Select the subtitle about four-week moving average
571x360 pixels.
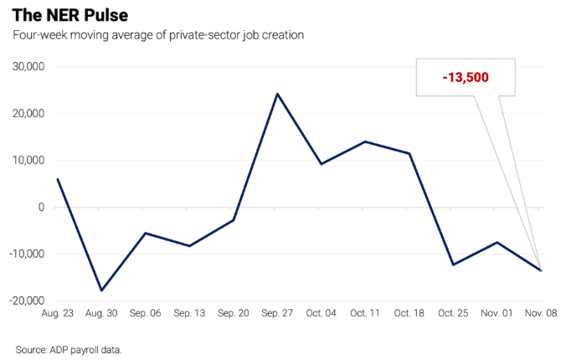pyautogui.click(x=157, y=35)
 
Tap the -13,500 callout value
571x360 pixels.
pyautogui.click(x=466, y=77)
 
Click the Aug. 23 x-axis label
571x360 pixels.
pyautogui.click(x=57, y=312)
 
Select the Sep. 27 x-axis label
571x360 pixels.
pyautogui.click(x=277, y=312)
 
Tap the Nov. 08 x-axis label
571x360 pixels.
pyautogui.click(x=541, y=312)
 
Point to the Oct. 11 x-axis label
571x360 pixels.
pyautogui.click(x=365, y=312)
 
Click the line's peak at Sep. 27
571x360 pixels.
pyautogui.click(x=277, y=94)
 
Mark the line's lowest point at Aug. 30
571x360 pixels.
pyautogui.click(x=101, y=291)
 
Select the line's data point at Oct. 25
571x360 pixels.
pyautogui.click(x=453, y=265)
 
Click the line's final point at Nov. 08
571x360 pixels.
pyautogui.click(x=541, y=270)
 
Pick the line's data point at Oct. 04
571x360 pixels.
pyautogui.click(x=321, y=164)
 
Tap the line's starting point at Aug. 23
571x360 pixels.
pyautogui.click(x=57, y=179)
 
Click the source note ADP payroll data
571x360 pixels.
pyautogui.click(x=69, y=348)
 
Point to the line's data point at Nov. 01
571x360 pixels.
pyautogui.click(x=497, y=243)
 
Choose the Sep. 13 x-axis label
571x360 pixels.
pyautogui.click(x=189, y=312)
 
